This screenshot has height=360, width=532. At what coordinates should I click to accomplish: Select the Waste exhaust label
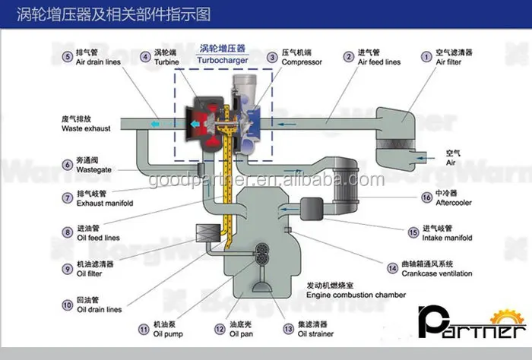[x=87, y=130]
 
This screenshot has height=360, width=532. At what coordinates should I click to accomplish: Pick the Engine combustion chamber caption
[x=356, y=295]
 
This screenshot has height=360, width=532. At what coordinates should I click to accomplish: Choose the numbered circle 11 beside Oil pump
[x=143, y=330]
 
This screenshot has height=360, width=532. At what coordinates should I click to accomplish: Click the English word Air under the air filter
[x=451, y=163]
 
